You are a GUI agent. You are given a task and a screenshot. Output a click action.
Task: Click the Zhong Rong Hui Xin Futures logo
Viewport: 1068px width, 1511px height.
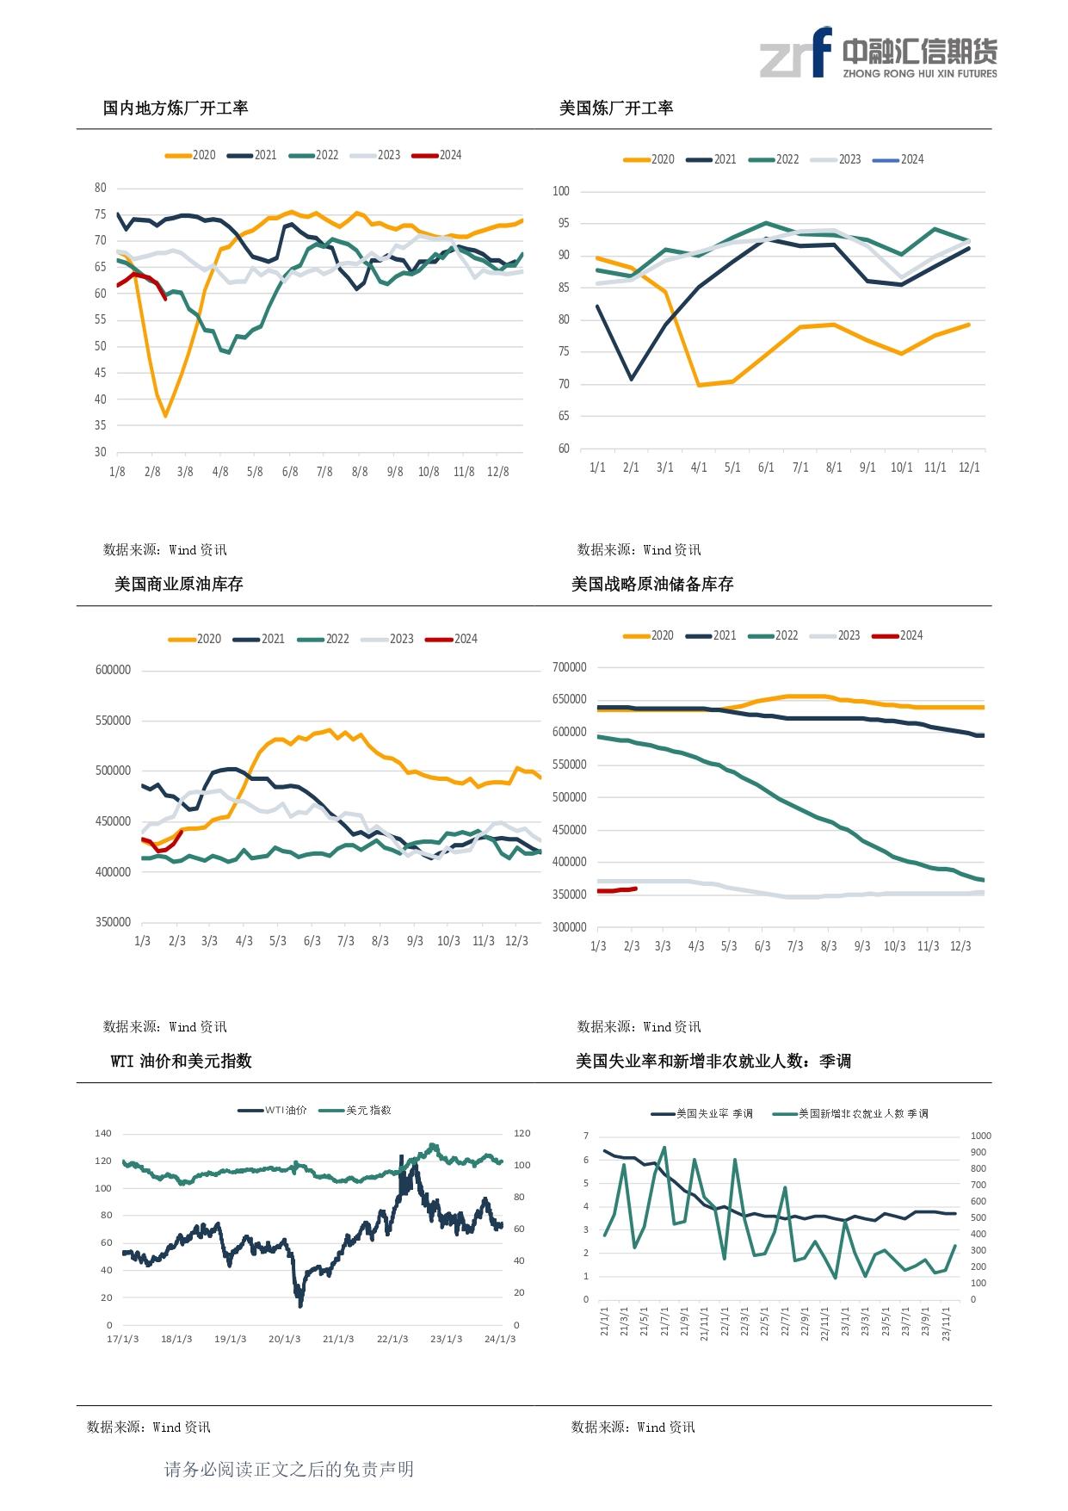[879, 53]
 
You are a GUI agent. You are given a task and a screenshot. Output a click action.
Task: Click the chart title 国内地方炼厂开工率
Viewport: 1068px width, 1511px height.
[176, 108]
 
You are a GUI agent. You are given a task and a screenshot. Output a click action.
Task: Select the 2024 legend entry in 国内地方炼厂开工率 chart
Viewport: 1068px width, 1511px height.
[438, 155]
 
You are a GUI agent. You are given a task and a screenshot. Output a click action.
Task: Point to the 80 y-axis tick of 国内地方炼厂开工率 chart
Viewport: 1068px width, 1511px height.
[101, 188]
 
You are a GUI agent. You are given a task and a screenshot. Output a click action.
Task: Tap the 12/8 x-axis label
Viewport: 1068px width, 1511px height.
[497, 472]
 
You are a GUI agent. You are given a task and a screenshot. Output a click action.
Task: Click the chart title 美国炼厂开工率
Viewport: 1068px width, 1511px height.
[616, 108]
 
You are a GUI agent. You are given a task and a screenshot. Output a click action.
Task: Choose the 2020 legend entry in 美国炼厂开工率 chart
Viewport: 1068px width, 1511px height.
[650, 159]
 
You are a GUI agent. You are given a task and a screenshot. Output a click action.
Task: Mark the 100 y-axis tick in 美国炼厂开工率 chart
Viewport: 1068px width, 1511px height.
[561, 191]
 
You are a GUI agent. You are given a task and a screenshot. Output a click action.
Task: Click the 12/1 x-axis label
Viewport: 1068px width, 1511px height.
[969, 468]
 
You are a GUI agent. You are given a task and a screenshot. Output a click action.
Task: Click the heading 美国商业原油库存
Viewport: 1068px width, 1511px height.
[179, 585]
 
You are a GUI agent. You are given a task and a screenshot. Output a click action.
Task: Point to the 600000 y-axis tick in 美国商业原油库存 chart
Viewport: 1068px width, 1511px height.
[113, 670]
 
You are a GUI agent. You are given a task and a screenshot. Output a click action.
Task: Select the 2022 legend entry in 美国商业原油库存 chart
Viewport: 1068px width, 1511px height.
[324, 639]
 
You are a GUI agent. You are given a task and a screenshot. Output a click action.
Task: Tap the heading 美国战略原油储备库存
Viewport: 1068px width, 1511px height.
[652, 585]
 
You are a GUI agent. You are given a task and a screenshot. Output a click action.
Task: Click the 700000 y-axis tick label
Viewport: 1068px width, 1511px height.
[569, 667]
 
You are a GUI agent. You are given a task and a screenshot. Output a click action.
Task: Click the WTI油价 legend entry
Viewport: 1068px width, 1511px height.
[274, 1111]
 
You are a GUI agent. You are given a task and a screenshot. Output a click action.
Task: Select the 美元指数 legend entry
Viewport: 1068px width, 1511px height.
[356, 1111]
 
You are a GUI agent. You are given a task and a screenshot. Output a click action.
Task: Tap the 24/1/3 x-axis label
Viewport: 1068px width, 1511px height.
[500, 1339]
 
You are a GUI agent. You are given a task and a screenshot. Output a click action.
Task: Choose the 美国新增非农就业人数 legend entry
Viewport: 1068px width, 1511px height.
[852, 1114]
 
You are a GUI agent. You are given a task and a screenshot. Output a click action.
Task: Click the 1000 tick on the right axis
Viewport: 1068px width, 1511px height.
[980, 1136]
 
